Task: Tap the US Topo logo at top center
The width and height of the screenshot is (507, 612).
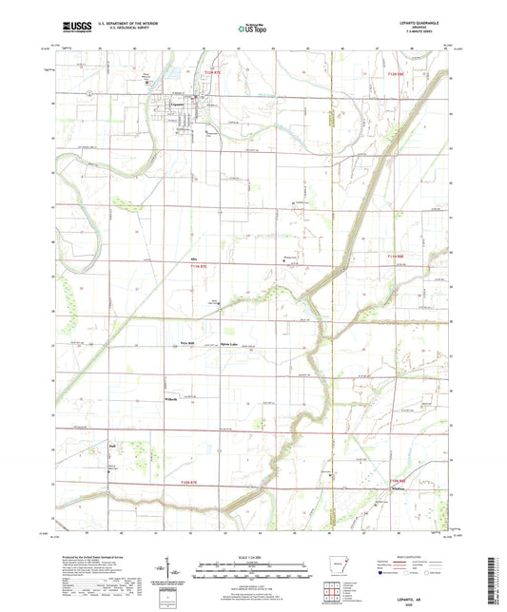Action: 251,29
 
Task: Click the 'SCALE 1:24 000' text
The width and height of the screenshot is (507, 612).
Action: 252,555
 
